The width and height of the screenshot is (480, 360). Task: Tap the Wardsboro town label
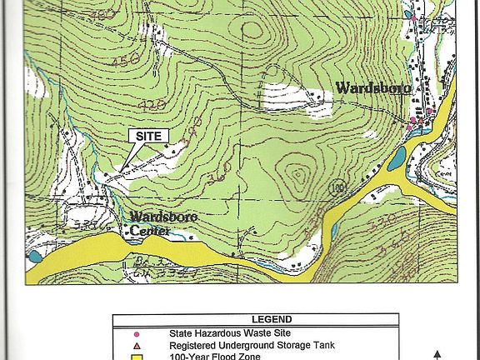(372, 88)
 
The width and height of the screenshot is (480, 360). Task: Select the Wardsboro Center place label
(163, 222)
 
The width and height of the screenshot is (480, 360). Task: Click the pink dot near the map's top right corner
(412, 16)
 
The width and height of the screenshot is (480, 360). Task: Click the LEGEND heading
(272, 319)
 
